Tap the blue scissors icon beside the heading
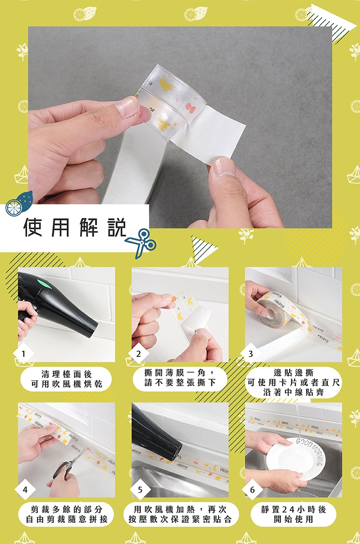[141, 243]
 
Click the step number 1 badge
[23, 354]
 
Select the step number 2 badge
[139, 354]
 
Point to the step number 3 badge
[251, 354]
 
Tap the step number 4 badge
[24, 489]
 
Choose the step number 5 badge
[140, 489]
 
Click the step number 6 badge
[252, 489]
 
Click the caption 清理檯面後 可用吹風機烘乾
[67, 379]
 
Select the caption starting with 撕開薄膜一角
[180, 378]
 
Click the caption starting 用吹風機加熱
[180, 514]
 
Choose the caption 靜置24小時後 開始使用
[294, 514]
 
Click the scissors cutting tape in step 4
[67, 467]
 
